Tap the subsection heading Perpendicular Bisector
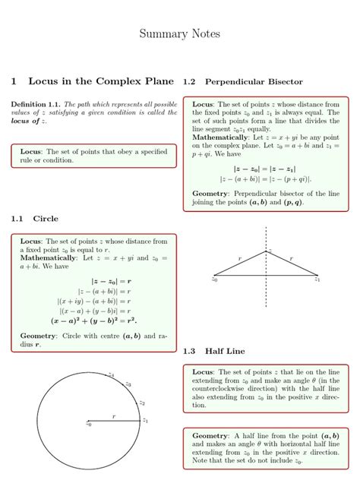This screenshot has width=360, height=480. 254,81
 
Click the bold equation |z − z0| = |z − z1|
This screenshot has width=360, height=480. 265,169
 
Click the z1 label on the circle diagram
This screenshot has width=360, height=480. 145,419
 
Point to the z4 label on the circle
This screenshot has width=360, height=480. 111,374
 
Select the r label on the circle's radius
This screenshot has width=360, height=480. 114,415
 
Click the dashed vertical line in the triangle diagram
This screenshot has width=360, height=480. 266,289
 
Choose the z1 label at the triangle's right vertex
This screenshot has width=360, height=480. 317,279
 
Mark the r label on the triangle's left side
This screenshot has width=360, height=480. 240,258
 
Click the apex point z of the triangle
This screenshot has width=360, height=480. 267,251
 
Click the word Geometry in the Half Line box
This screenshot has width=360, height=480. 210,435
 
